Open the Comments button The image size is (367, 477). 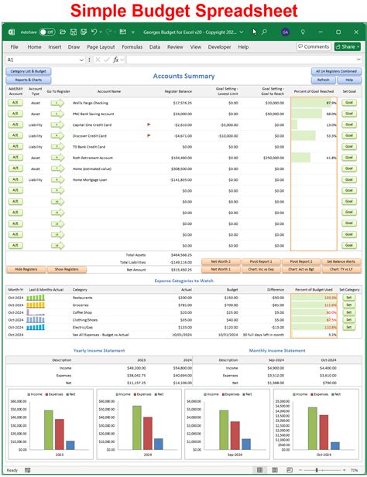(x=314, y=47)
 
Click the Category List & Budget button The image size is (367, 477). (x=29, y=71)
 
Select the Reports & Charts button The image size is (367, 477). (x=29, y=80)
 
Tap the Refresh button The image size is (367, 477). (x=323, y=80)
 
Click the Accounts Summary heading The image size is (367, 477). (x=183, y=77)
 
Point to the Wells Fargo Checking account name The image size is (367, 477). (x=90, y=102)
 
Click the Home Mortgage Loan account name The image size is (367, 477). (x=91, y=179)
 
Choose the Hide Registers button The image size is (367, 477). (x=26, y=269)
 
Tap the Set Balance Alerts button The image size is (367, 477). (x=339, y=261)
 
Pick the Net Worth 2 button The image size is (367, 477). (x=221, y=261)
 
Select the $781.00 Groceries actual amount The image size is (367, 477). (x=185, y=305)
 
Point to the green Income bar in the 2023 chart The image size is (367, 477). (x=49, y=430)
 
